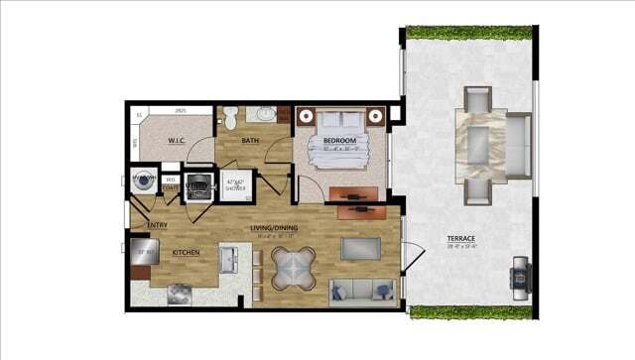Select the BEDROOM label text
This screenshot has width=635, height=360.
pos(339,141)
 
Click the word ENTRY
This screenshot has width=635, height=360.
pos(157,225)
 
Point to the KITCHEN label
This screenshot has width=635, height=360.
pos(187,253)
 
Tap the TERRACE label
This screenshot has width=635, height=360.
pos(460,239)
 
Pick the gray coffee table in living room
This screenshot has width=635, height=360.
pos(359,249)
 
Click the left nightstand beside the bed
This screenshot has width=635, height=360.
pos(305,115)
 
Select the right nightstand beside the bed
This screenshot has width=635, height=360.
pos(376,115)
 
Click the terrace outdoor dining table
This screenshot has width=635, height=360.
pos(481,145)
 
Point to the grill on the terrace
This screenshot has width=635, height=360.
pos(520,273)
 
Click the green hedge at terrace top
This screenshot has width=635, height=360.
pos(467,33)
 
